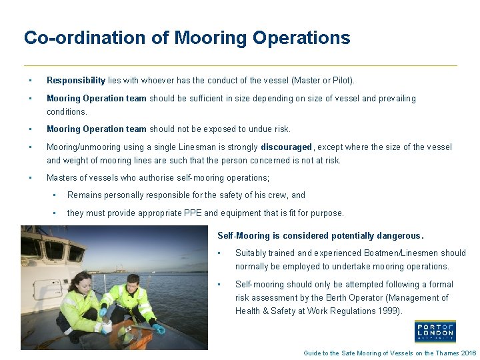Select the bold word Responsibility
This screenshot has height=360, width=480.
point(75,81)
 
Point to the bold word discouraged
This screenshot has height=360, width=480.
point(286,147)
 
